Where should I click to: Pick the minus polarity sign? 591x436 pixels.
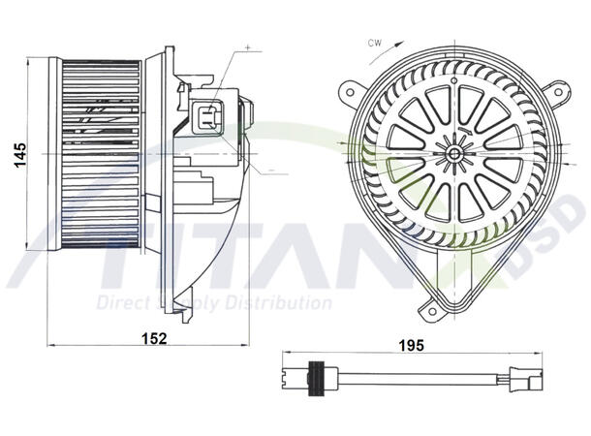coord(270,171)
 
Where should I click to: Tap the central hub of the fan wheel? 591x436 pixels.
coord(451,151)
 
